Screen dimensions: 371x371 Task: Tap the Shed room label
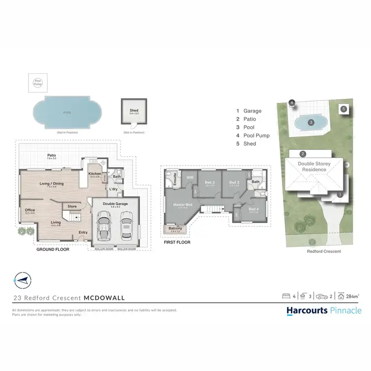(x=134, y=110)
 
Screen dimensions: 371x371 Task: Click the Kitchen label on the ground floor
(x=94, y=174)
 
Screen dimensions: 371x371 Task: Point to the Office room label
(x=30, y=210)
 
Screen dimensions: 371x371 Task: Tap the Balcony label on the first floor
(x=175, y=228)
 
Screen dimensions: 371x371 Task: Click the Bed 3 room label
(x=234, y=183)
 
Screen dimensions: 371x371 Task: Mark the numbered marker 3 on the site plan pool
(x=311, y=122)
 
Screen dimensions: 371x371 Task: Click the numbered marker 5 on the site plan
(x=344, y=109)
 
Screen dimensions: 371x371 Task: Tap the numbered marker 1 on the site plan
(x=340, y=195)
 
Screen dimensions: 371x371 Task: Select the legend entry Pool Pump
(x=256, y=136)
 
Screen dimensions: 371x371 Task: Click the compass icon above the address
(x=21, y=280)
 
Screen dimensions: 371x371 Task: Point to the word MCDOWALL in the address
(x=104, y=298)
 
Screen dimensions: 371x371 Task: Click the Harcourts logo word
(x=307, y=311)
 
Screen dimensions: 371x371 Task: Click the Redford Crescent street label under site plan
(x=324, y=251)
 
